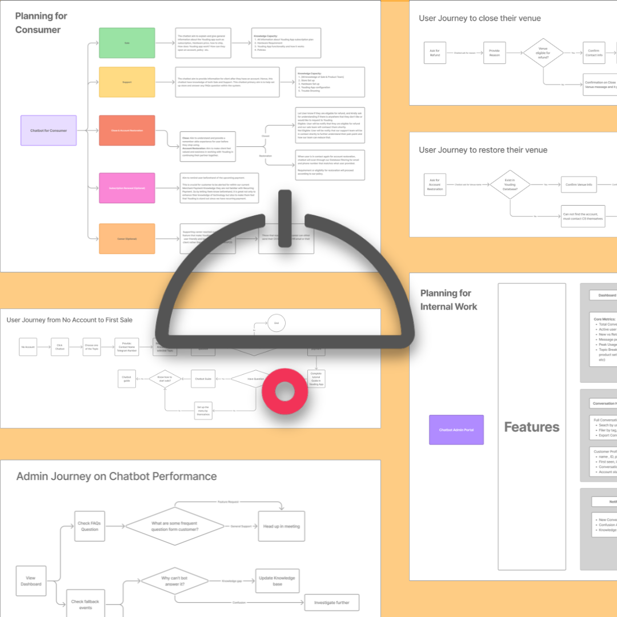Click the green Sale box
127,43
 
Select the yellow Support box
127,82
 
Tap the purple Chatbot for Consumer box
49,131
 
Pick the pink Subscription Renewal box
127,188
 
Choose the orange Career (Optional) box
127,239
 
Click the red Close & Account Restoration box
127,131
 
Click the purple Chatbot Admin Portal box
456,430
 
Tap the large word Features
531,427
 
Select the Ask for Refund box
435,53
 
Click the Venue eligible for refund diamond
544,53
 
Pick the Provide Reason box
494,53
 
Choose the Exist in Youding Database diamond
510,185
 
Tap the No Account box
28,347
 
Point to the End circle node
277,323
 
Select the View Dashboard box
31,581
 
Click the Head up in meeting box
282,526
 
